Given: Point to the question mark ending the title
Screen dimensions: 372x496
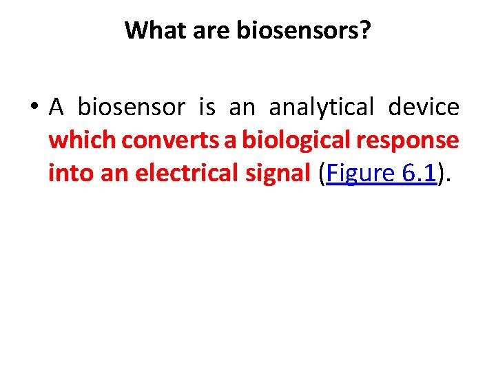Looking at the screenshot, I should point(364,30).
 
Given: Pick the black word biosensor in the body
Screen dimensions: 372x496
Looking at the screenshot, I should point(131,107).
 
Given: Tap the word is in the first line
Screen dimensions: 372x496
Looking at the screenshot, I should point(207,107).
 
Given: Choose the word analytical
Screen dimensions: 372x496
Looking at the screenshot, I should point(322,107).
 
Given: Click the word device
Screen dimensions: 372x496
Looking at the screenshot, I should point(424,107).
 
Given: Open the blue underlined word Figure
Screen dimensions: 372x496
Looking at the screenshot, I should point(360,174).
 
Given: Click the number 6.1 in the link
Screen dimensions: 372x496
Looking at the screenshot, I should point(418,174).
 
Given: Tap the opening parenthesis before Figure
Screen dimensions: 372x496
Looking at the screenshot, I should point(323,174).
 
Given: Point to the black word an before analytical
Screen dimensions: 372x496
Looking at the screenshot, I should point(241,107).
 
